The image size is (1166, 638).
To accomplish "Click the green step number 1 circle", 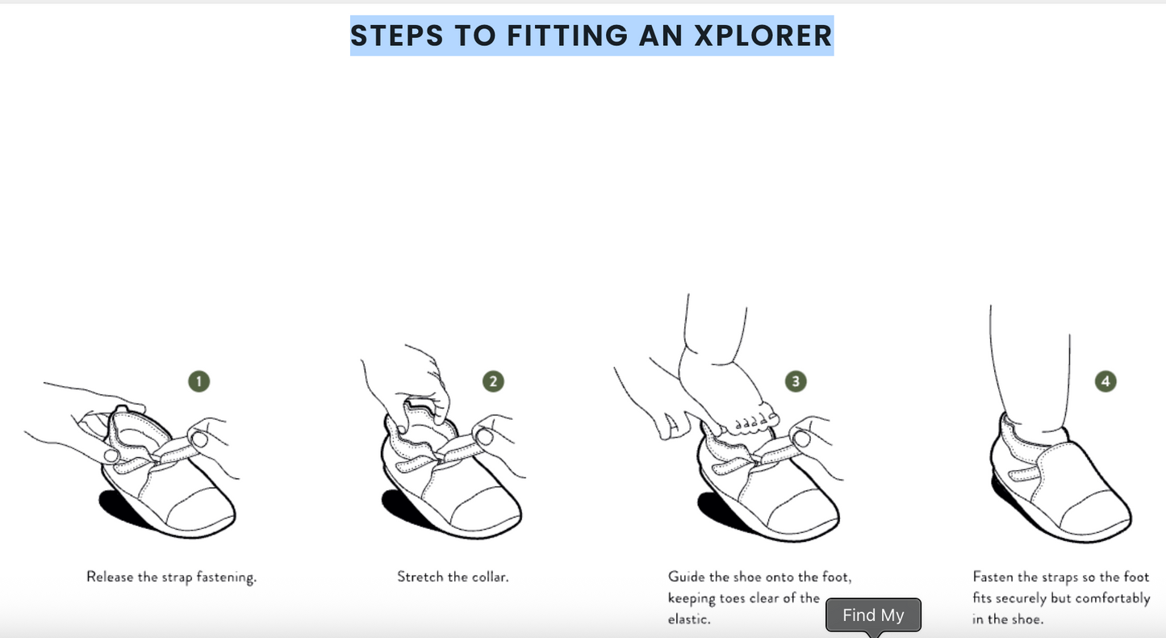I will coord(199,381).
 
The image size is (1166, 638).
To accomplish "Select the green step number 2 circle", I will coord(493,381).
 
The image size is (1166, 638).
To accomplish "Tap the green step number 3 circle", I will coord(796,381).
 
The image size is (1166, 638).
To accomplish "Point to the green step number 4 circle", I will coord(1105,381).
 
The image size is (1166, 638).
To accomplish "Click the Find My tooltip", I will coord(873,615).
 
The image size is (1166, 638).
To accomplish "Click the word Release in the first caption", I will coord(112,577).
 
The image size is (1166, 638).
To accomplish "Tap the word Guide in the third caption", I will coord(686,577).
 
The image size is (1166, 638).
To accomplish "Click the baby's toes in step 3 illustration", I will coord(750,421).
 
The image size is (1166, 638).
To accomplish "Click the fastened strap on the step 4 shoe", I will coord(1033,476).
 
